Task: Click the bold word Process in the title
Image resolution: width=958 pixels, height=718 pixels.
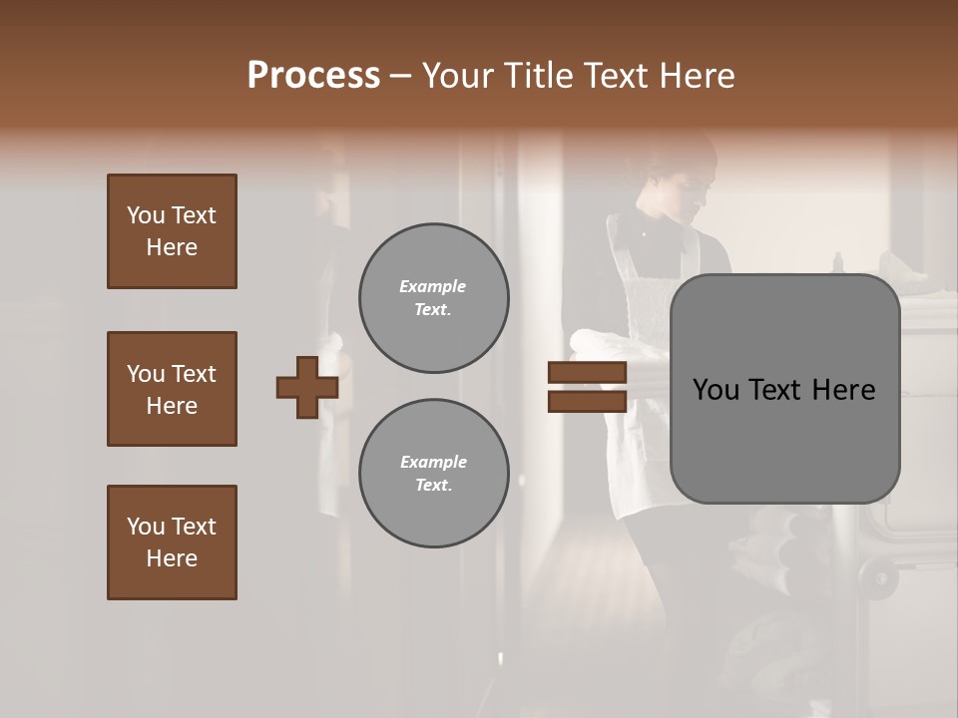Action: point(313,75)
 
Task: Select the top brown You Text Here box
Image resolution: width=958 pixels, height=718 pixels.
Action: point(172,231)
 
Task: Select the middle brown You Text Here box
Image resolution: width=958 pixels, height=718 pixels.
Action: point(172,389)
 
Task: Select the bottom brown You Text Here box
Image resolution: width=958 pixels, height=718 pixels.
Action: point(172,542)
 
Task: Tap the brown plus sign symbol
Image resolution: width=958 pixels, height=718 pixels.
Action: point(307,387)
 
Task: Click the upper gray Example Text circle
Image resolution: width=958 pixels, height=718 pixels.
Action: point(433,298)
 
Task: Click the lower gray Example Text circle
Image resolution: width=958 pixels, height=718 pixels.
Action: point(433,474)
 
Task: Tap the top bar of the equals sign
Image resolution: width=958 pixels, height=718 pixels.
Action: point(587,373)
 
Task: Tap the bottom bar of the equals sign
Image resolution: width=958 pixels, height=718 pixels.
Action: point(587,402)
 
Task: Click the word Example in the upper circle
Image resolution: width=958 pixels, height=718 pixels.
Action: point(433,286)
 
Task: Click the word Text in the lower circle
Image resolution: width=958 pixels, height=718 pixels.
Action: point(433,485)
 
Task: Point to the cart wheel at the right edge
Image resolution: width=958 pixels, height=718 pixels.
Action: point(880,576)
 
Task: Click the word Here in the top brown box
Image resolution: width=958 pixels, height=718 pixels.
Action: point(172,247)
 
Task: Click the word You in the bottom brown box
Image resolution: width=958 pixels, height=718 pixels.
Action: point(144,527)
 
